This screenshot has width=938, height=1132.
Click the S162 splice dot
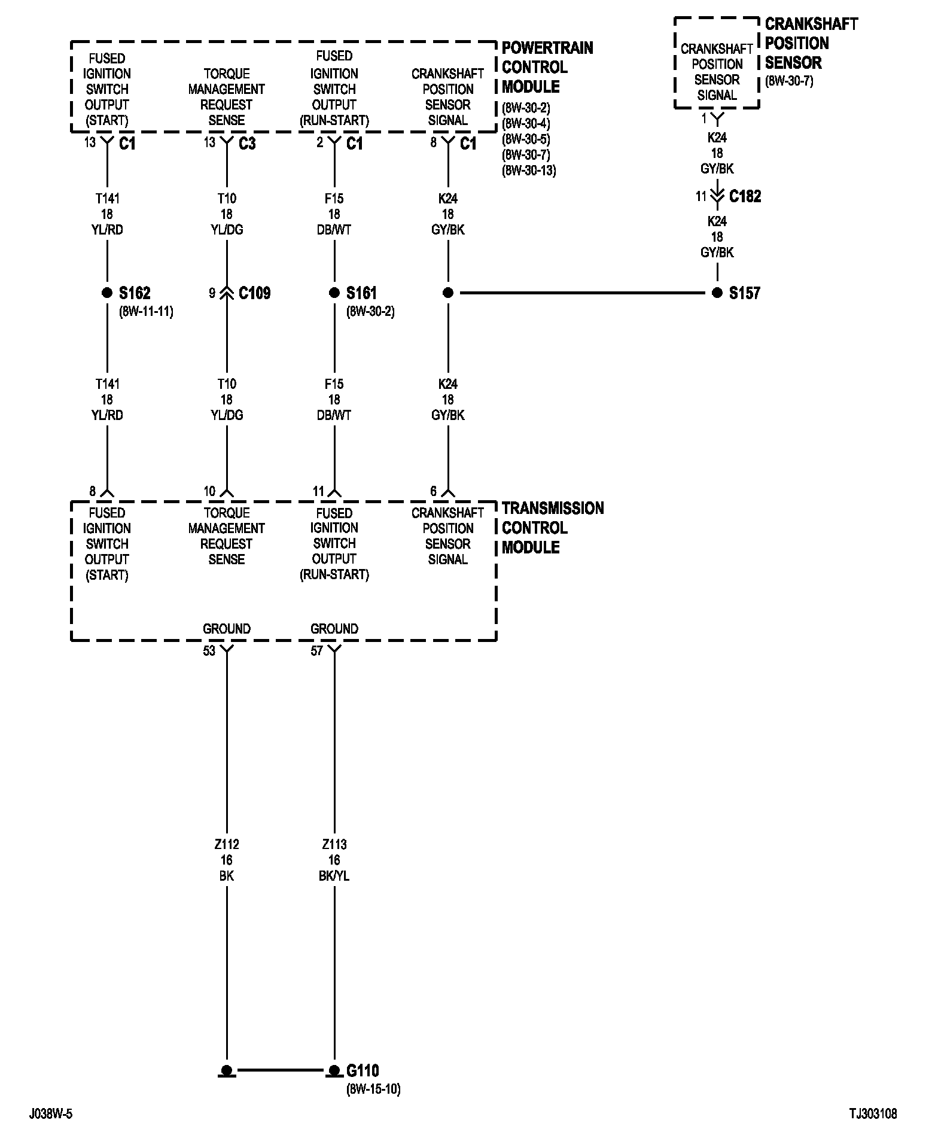pyautogui.click(x=107, y=293)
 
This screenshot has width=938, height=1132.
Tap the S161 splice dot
pyautogui.click(x=334, y=293)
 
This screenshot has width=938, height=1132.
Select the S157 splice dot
pyautogui.click(x=717, y=293)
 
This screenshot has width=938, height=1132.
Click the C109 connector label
pyautogui.click(x=254, y=293)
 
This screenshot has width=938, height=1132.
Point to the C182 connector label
pyautogui.click(x=745, y=196)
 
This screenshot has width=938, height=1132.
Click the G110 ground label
pyautogui.click(x=363, y=1070)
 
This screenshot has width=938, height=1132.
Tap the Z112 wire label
pyautogui.click(x=227, y=845)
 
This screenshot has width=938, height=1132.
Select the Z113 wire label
pyautogui.click(x=334, y=845)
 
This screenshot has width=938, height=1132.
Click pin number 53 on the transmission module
pyautogui.click(x=209, y=651)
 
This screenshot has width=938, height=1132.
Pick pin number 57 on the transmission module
pyautogui.click(x=316, y=651)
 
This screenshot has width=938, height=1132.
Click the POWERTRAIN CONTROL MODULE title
pyautogui.click(x=547, y=67)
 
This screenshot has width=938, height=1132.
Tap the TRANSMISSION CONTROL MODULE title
pyautogui.click(x=552, y=528)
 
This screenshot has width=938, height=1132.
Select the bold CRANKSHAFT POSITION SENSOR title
pyautogui.click(x=811, y=43)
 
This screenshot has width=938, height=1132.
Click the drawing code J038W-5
pyautogui.click(x=51, y=1114)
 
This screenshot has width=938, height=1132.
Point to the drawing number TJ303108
pyautogui.click(x=873, y=1114)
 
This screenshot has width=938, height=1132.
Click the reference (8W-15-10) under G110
pyautogui.click(x=373, y=1090)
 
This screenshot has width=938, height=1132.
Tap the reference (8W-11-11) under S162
pyautogui.click(x=146, y=312)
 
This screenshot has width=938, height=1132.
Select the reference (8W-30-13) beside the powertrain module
pyautogui.click(x=529, y=171)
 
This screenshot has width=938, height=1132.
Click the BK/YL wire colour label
pyautogui.click(x=334, y=876)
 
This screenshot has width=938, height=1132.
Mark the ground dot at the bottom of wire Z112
pyautogui.click(x=227, y=1070)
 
